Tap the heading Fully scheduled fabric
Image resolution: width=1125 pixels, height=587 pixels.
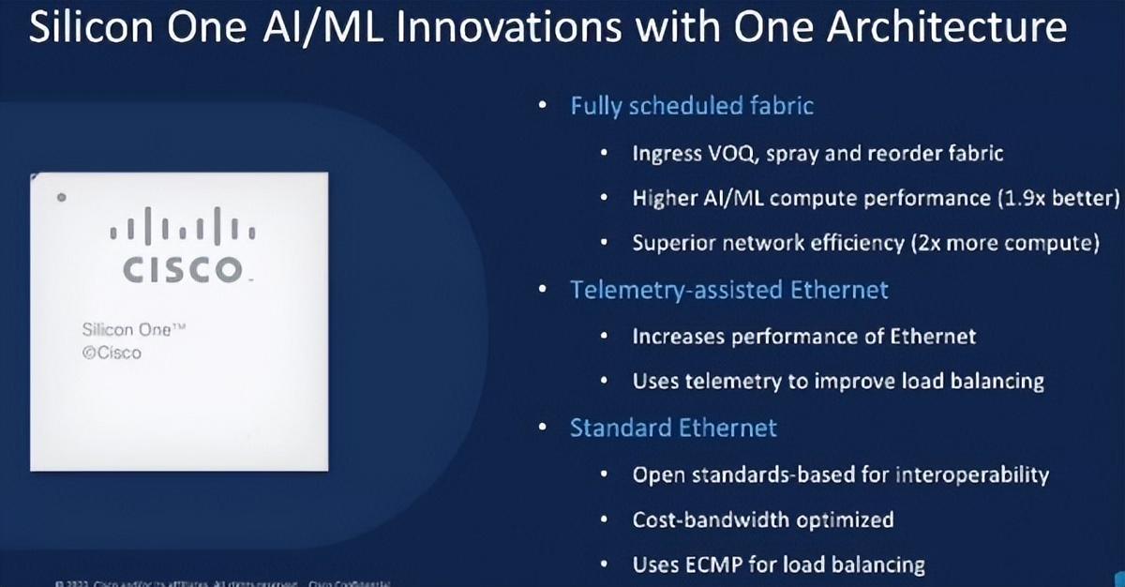click(692, 105)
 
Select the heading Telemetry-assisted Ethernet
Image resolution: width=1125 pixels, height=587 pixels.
click(728, 290)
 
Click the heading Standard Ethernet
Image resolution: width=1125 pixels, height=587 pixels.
click(673, 429)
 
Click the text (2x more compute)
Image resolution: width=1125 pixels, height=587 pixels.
click(1003, 244)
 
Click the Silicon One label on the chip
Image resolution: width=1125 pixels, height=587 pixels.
click(127, 331)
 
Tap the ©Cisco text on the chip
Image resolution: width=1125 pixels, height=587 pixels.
click(112, 354)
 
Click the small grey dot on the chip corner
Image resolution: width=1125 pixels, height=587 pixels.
click(61, 197)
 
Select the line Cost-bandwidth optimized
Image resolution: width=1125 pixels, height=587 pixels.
click(762, 519)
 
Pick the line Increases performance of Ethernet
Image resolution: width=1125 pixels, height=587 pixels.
click(803, 336)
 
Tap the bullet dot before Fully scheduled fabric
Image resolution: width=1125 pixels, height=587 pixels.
click(542, 105)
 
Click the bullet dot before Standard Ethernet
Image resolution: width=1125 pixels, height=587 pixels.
click(542, 429)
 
